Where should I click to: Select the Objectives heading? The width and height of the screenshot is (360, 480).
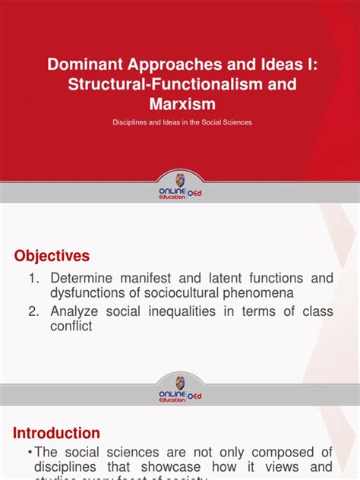52,255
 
